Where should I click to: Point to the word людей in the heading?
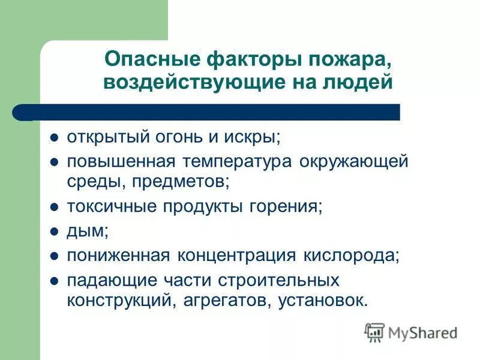point(361,82)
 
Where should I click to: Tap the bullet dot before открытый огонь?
point(53,137)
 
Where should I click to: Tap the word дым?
point(82,231)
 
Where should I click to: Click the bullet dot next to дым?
point(53,231)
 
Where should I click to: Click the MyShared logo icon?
point(375,332)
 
